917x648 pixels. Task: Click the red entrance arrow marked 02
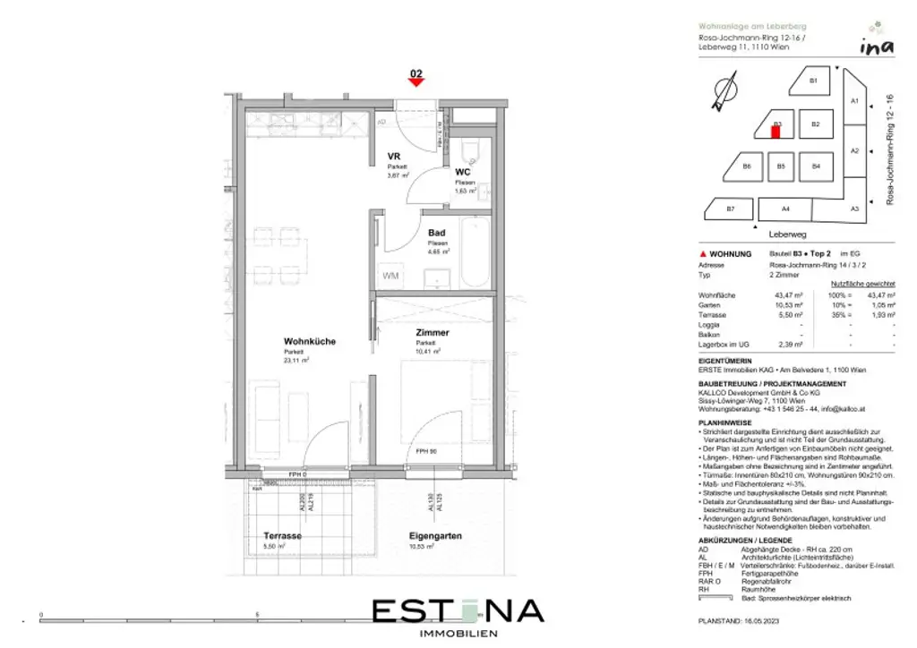[x=416, y=81]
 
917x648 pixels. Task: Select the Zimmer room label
[x=432, y=332]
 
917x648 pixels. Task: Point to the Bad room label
[x=436, y=233]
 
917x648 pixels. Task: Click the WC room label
[x=463, y=171]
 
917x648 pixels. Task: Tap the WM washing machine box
[x=391, y=277]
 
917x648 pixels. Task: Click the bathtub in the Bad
[x=475, y=252]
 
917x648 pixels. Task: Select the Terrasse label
[x=282, y=536]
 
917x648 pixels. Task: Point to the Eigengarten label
[x=436, y=536]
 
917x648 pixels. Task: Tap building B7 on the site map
[x=730, y=209]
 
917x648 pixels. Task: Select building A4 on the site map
[x=784, y=209]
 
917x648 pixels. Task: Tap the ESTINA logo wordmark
[x=458, y=611]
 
